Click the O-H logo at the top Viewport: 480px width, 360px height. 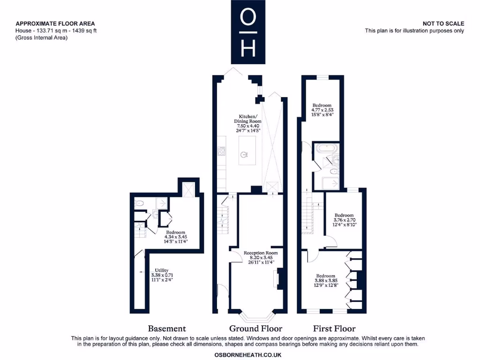(x=248, y=32)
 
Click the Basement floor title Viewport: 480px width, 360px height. (x=167, y=329)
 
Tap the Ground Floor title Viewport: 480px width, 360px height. (x=255, y=329)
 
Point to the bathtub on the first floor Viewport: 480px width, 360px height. (x=325, y=149)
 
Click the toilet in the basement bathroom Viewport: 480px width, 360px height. (x=139, y=203)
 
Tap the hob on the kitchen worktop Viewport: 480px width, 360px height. (x=221, y=151)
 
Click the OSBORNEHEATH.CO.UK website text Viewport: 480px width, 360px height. (x=247, y=355)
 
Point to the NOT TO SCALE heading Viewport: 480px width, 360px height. (x=443, y=23)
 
